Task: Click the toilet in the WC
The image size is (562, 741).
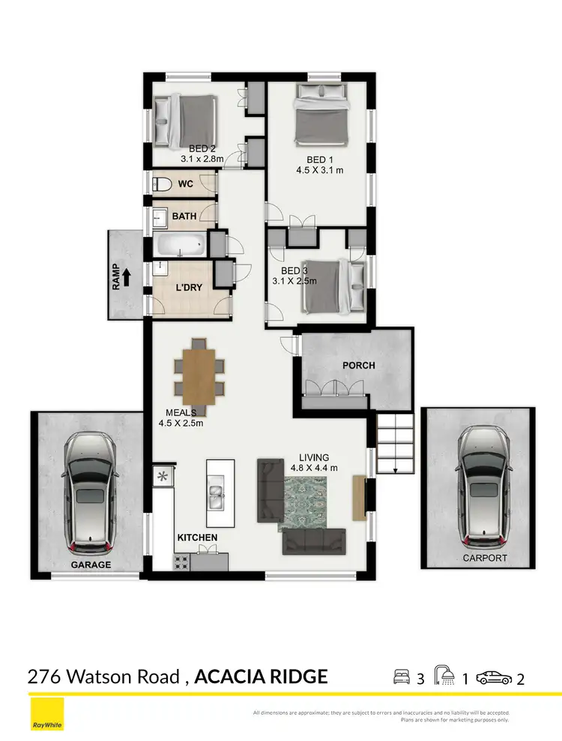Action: (160, 184)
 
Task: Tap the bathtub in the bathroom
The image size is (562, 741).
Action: (181, 244)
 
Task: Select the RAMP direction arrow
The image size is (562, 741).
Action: (126, 277)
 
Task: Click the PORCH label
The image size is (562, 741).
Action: (358, 365)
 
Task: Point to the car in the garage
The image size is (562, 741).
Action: (88, 490)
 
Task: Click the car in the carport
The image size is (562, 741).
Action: (479, 484)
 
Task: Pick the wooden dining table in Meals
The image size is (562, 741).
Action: (199, 377)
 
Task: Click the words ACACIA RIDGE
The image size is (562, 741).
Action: (261, 676)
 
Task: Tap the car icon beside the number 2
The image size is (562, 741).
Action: (495, 678)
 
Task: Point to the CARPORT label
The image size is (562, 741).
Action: (484, 558)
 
